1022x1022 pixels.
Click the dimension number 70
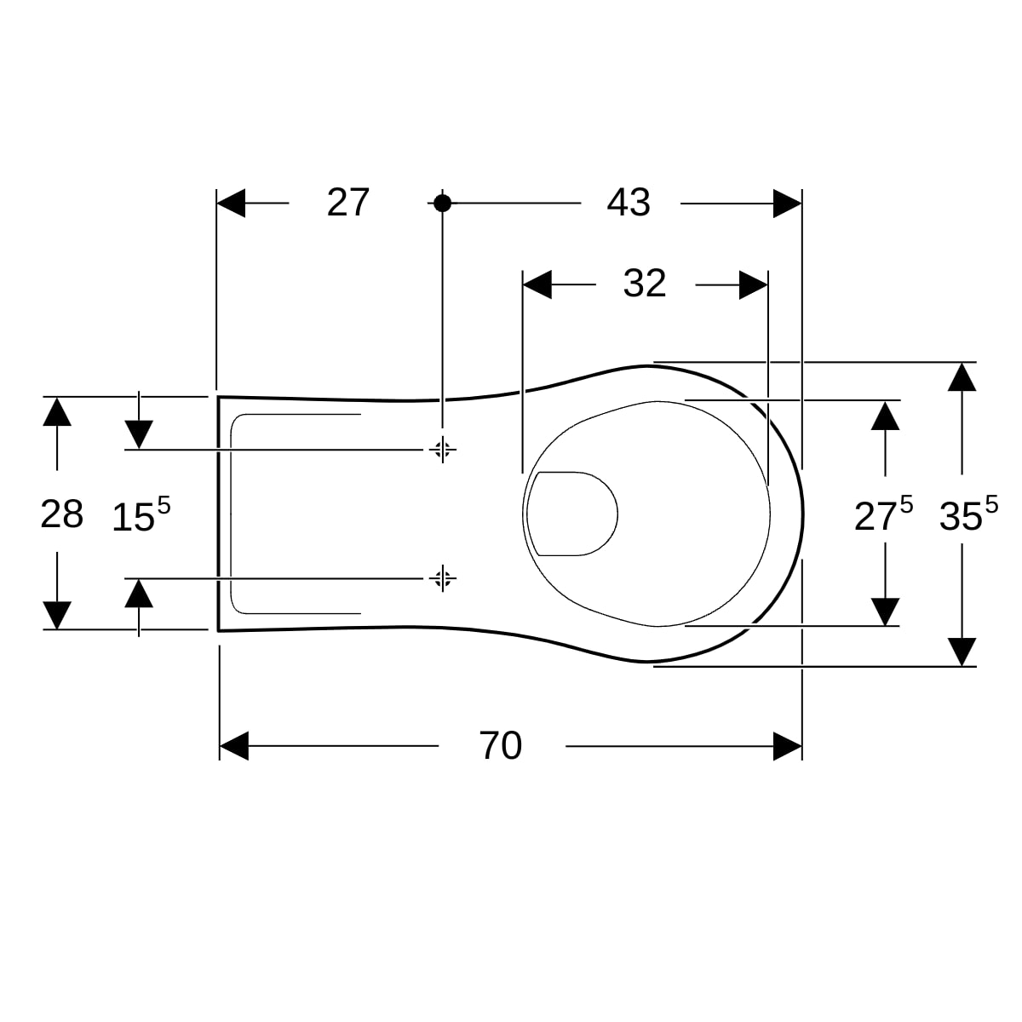(x=500, y=746)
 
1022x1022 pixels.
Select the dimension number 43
(x=629, y=203)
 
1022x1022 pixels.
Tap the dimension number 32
(x=645, y=284)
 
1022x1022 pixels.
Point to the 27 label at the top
(x=348, y=202)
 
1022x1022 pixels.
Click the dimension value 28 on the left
(x=62, y=514)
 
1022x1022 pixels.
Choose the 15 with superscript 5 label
(x=141, y=514)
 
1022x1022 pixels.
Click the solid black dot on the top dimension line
(x=442, y=204)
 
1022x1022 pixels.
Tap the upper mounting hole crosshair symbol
(x=442, y=450)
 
